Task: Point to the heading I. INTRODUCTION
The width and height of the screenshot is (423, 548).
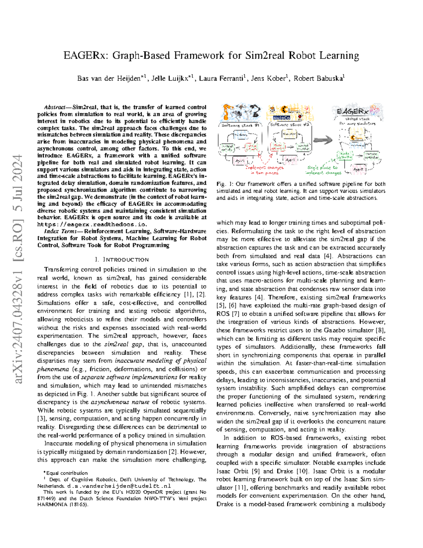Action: coord(122,260)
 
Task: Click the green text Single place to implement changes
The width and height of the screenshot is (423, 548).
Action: coord(324,170)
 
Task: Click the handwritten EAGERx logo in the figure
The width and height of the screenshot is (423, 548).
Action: coord(352,112)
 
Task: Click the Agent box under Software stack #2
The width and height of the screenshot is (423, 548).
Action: coord(290,160)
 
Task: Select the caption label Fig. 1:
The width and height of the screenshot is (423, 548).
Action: coord(225,184)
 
